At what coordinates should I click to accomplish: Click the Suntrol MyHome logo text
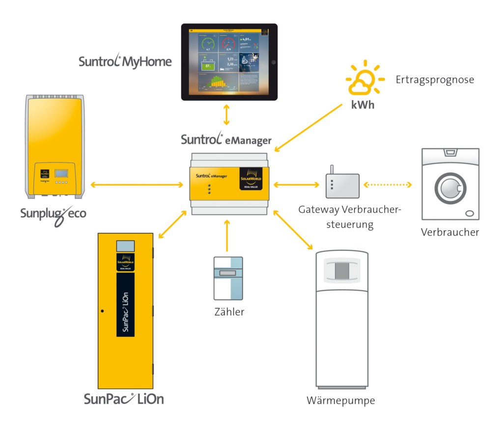(125, 61)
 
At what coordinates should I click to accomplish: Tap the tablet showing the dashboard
(229, 62)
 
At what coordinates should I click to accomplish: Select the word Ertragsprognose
(435, 80)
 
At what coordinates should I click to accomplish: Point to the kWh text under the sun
(362, 104)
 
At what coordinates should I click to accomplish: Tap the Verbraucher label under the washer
(449, 232)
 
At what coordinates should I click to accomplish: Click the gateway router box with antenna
(342, 186)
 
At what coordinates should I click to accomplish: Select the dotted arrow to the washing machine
(387, 185)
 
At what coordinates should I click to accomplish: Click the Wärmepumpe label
(340, 401)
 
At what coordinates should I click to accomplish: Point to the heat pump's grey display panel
(342, 270)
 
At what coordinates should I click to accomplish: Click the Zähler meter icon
(228, 278)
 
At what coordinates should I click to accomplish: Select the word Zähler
(229, 312)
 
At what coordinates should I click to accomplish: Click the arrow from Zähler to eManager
(227, 236)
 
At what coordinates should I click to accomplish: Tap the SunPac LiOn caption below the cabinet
(123, 399)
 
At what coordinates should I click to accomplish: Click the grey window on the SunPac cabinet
(125, 246)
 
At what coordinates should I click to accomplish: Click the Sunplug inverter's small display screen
(61, 173)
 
